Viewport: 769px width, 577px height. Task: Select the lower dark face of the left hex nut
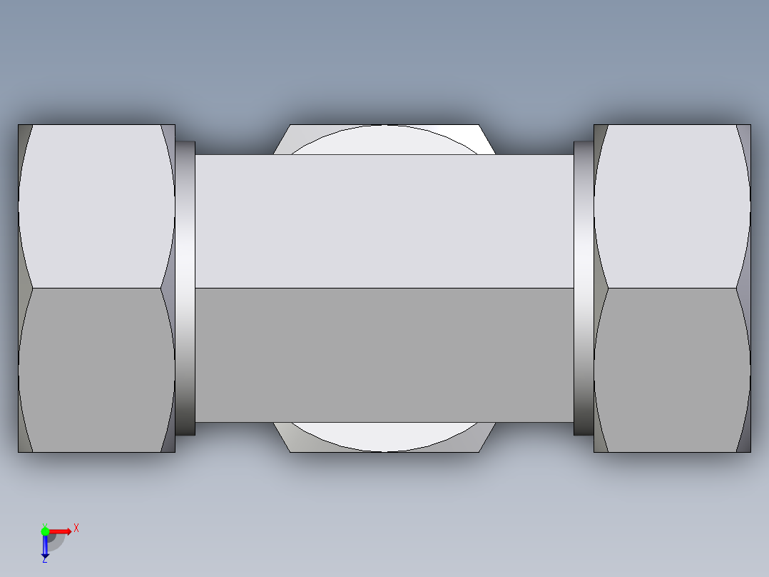(x=96, y=370)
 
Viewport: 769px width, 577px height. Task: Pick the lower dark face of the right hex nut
(x=672, y=370)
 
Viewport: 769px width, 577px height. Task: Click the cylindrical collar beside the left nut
(x=185, y=288)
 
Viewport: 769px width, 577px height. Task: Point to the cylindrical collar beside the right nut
(x=584, y=288)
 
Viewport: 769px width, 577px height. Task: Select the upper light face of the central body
(x=385, y=221)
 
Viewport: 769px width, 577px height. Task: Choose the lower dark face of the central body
(x=385, y=355)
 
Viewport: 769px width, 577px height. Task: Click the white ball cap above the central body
(x=385, y=140)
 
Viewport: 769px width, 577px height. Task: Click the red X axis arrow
(x=62, y=531)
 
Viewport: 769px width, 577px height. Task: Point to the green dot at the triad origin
(x=45, y=531)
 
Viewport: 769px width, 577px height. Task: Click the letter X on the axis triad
(x=76, y=528)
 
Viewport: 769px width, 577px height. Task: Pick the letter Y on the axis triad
(x=44, y=523)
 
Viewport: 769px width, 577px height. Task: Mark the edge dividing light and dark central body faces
(x=385, y=288)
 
